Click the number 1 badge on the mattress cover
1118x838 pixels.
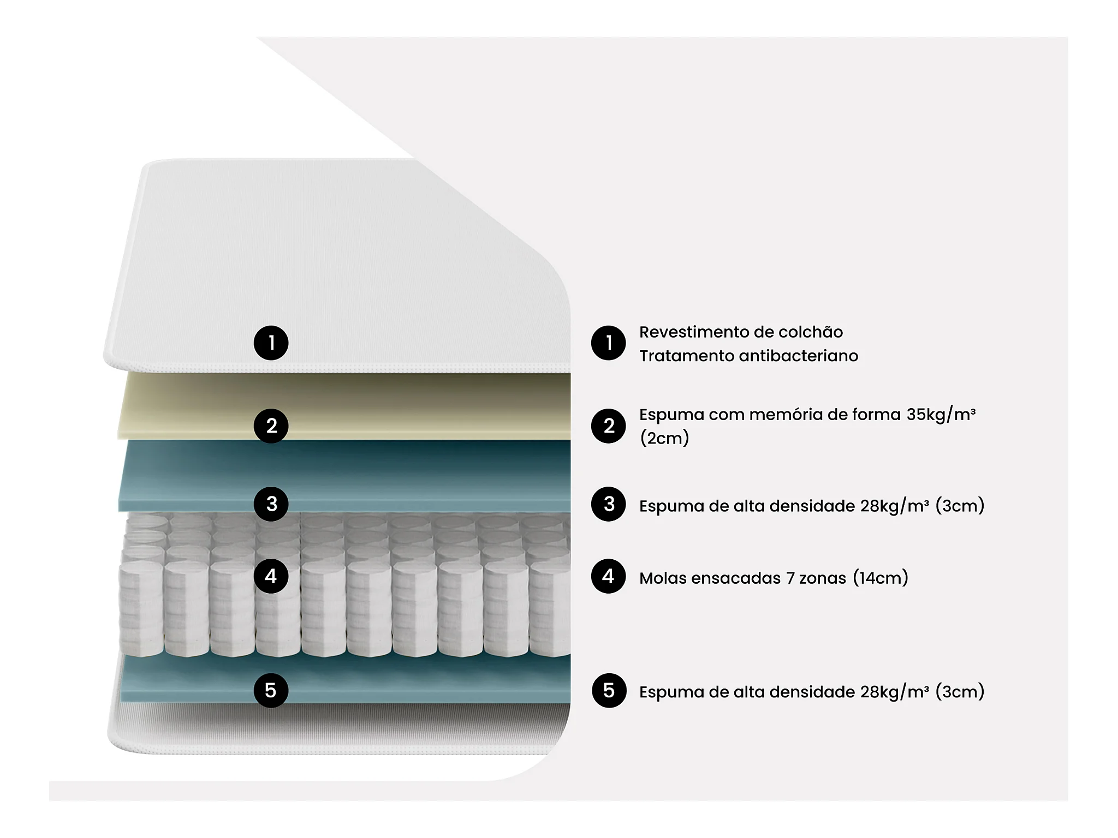point(271,343)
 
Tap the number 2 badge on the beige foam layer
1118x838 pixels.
point(271,426)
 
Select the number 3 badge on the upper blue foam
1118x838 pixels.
point(271,504)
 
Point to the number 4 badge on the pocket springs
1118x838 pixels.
point(271,576)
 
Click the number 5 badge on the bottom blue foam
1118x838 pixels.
point(271,690)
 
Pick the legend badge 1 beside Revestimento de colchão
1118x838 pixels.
point(609,343)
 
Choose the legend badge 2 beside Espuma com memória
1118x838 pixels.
point(609,426)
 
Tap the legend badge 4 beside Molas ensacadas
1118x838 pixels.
point(609,576)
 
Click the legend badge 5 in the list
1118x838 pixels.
point(609,690)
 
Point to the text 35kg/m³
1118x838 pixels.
point(941,414)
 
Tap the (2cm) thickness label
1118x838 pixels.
point(664,438)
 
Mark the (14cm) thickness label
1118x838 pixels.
point(881,577)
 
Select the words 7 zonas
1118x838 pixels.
point(816,578)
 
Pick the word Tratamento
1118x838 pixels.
point(686,356)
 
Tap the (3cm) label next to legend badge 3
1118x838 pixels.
point(960,505)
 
